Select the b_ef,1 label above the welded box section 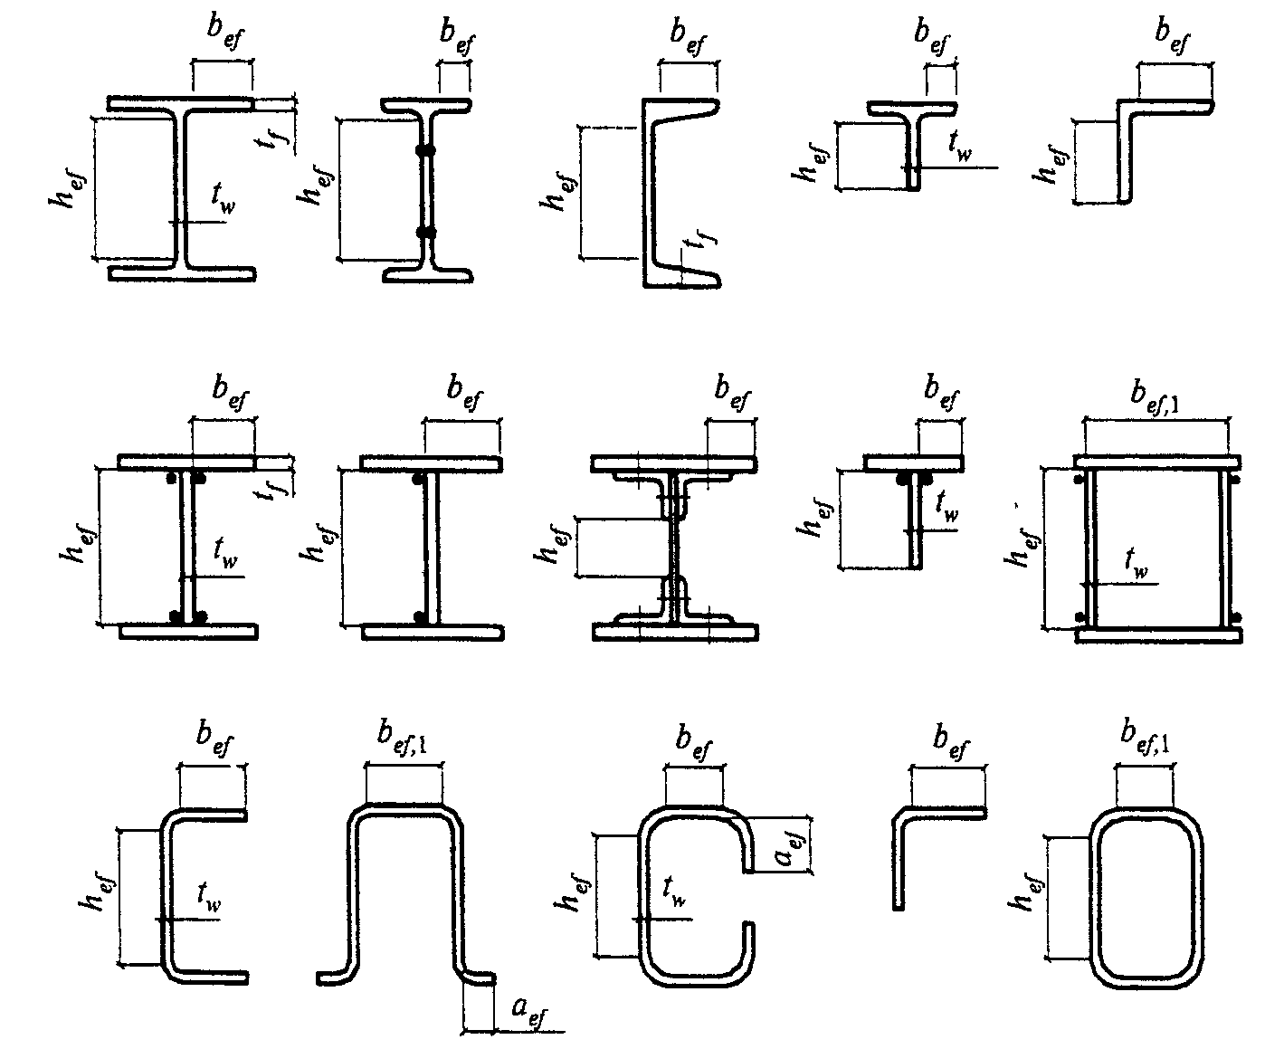1155,396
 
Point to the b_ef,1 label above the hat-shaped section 403,738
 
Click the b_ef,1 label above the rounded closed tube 1145,738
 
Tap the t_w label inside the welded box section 1136,564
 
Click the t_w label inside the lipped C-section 674,892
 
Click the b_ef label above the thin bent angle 951,741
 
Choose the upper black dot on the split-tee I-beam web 426,150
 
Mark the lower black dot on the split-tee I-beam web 426,232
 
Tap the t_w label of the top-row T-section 960,146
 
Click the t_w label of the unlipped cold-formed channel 209,897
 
